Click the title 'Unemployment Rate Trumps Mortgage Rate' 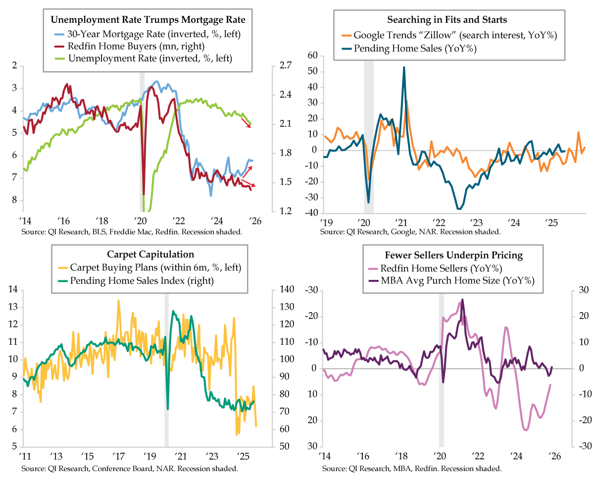[148, 20]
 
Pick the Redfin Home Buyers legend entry [136, 46]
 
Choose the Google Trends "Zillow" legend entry [448, 35]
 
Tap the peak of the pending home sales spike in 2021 [404, 67]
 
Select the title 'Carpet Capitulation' [150, 255]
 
